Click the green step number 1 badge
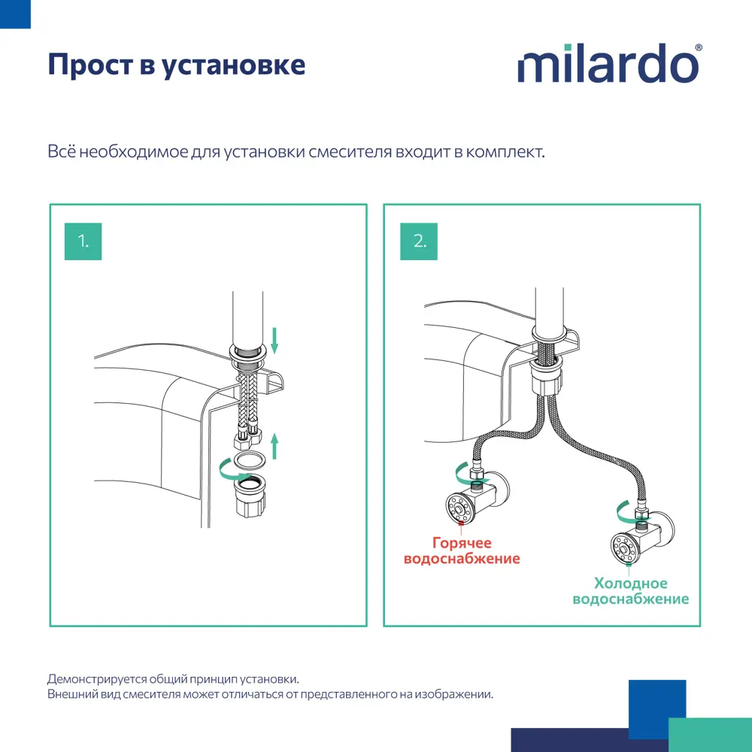point(83,241)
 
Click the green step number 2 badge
point(419,241)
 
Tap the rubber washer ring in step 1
point(248,460)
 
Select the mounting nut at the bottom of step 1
point(249,497)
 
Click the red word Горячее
point(462,542)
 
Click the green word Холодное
point(630,584)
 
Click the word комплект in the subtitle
point(504,151)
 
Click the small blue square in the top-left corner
point(15,14)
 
